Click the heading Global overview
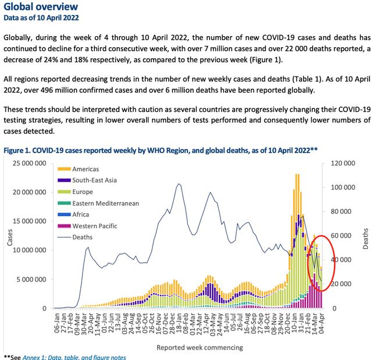coord(40,7)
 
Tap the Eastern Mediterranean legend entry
coord(105,203)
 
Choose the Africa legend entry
coord(81,214)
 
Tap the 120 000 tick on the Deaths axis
coord(342,163)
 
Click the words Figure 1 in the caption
coord(19,150)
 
